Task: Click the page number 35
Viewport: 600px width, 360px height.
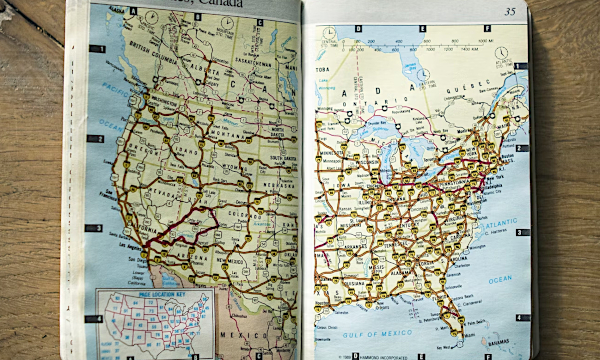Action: click(x=510, y=12)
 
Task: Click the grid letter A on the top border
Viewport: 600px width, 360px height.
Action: click(x=131, y=12)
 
